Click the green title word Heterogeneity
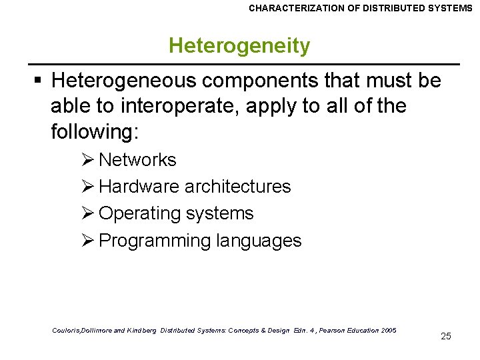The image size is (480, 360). click(239, 46)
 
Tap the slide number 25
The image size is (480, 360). click(446, 336)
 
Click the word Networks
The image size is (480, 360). click(137, 160)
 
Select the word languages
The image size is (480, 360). click(259, 241)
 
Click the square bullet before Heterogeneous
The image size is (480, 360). click(39, 81)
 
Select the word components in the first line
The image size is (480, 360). click(248, 81)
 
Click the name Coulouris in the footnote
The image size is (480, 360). click(66, 331)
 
